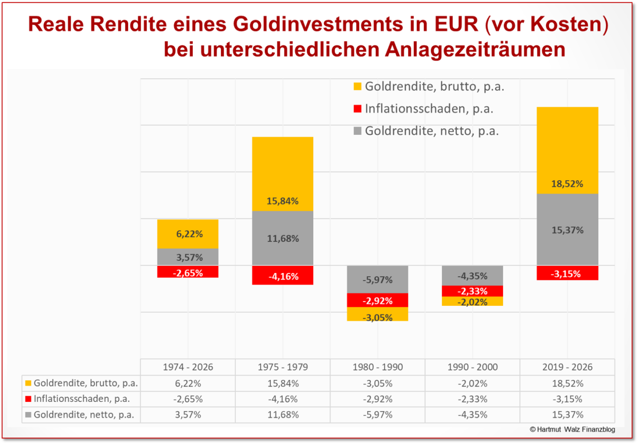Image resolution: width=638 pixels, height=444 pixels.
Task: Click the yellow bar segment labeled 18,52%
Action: pos(567,150)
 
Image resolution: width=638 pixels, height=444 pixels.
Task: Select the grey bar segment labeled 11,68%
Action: pos(283,238)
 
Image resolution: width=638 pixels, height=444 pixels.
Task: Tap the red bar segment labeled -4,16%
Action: pos(283,275)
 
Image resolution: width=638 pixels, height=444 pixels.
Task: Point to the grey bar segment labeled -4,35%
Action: pos(472,275)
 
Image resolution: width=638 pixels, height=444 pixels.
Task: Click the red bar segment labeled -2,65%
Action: pos(188,272)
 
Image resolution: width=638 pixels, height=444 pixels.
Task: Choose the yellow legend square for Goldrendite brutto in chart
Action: pos(358,86)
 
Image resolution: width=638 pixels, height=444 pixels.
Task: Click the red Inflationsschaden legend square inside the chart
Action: pos(358,109)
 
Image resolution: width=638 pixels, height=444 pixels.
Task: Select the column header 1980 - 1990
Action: pos(377,367)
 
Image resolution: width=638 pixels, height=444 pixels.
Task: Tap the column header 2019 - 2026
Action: pos(567,367)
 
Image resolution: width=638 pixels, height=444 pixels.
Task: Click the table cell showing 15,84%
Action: pos(283,384)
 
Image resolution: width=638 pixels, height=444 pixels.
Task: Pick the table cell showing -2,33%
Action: pos(472,399)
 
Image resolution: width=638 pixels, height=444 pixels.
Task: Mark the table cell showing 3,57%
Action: pos(188,415)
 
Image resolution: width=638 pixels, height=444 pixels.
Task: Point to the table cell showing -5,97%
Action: pos(377,415)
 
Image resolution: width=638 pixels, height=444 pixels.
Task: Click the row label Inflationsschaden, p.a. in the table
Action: pos(81,399)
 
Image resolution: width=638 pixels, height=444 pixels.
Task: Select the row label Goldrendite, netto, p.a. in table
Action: pos(83,415)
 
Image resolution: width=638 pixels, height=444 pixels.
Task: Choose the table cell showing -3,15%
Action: pos(567,399)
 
